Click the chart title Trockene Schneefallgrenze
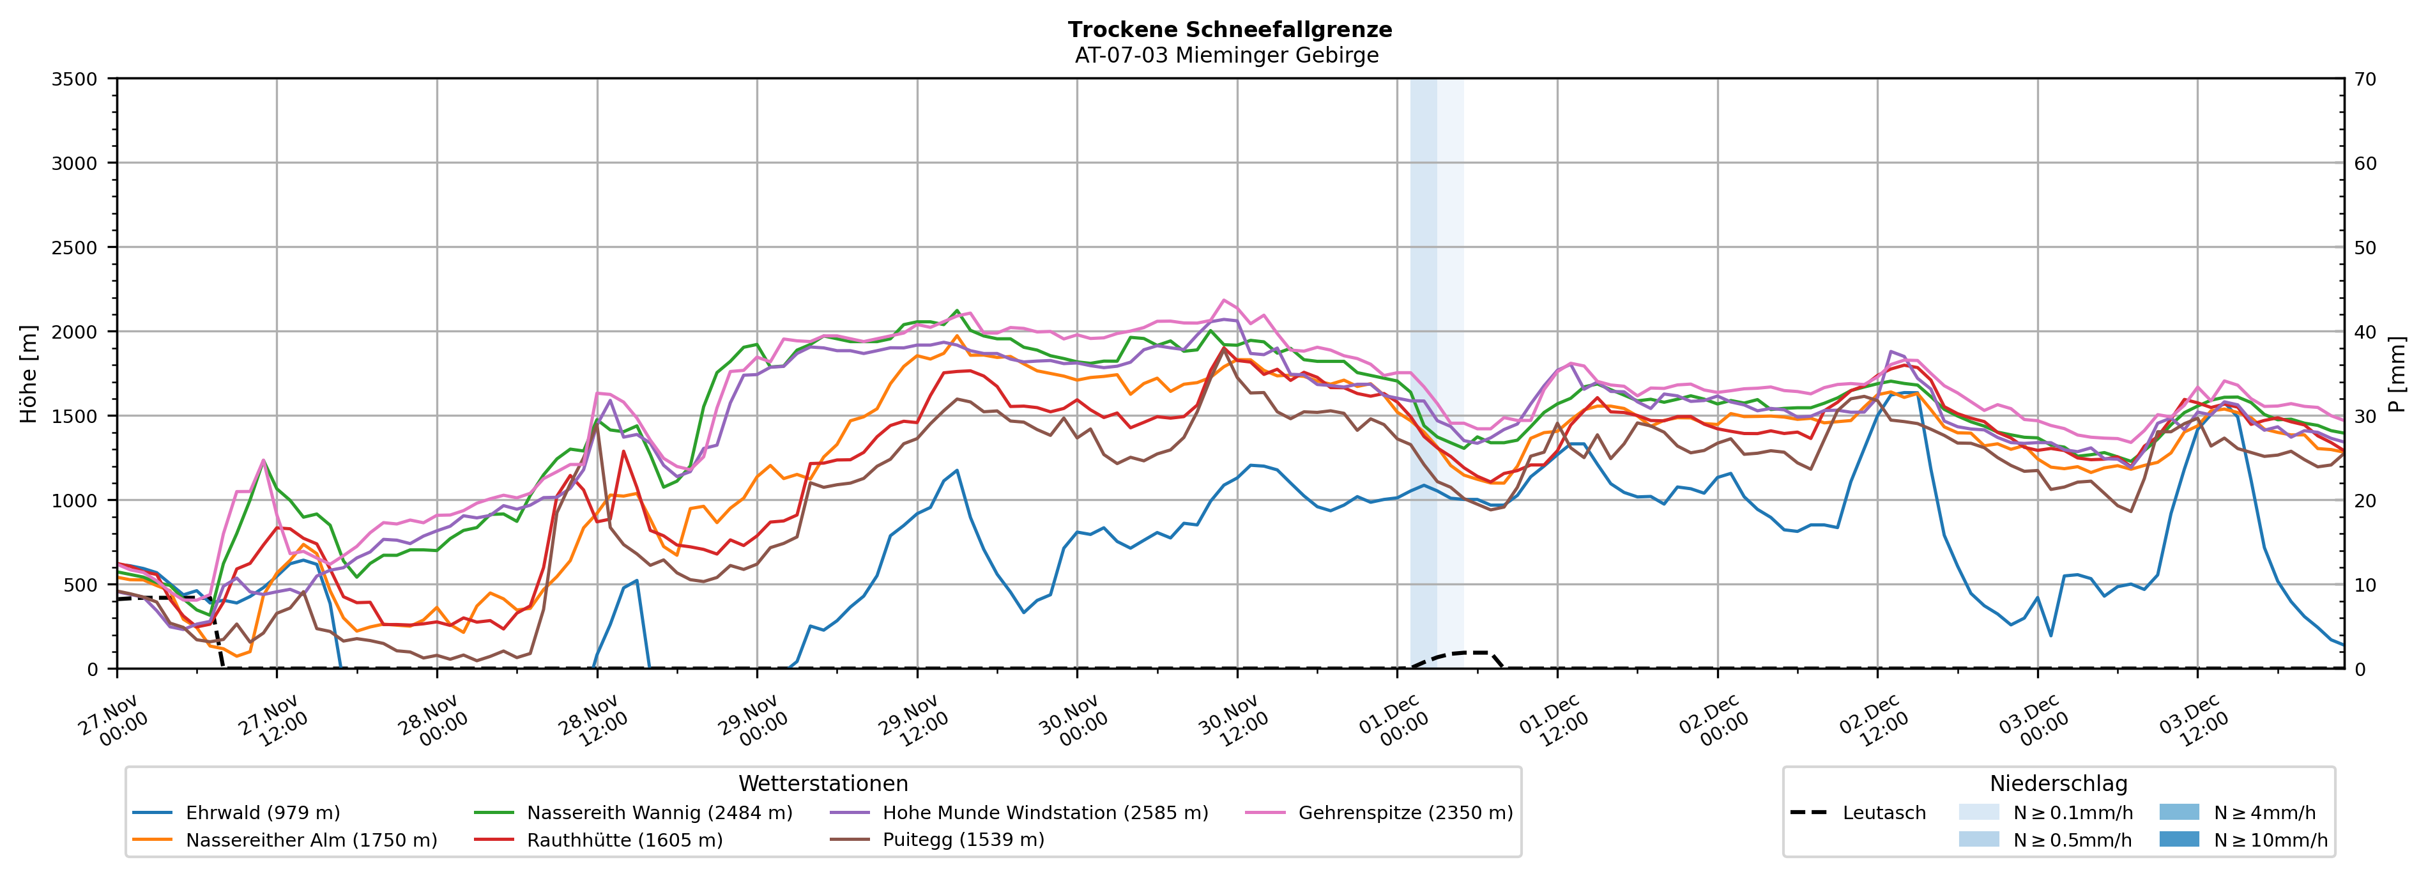(x=1229, y=29)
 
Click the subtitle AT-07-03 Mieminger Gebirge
(x=1226, y=56)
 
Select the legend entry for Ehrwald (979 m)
(x=262, y=813)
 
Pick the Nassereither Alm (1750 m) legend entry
(x=311, y=840)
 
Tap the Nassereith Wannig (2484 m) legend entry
(x=659, y=813)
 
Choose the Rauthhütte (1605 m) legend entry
(x=624, y=840)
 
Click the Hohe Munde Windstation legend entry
(x=1044, y=813)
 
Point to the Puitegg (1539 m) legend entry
(x=963, y=840)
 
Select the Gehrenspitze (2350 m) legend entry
(x=1405, y=813)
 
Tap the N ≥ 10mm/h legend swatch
(x=2179, y=839)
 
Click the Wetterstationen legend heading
(x=823, y=783)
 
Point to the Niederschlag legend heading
(x=2058, y=783)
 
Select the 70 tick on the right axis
(x=2365, y=79)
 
